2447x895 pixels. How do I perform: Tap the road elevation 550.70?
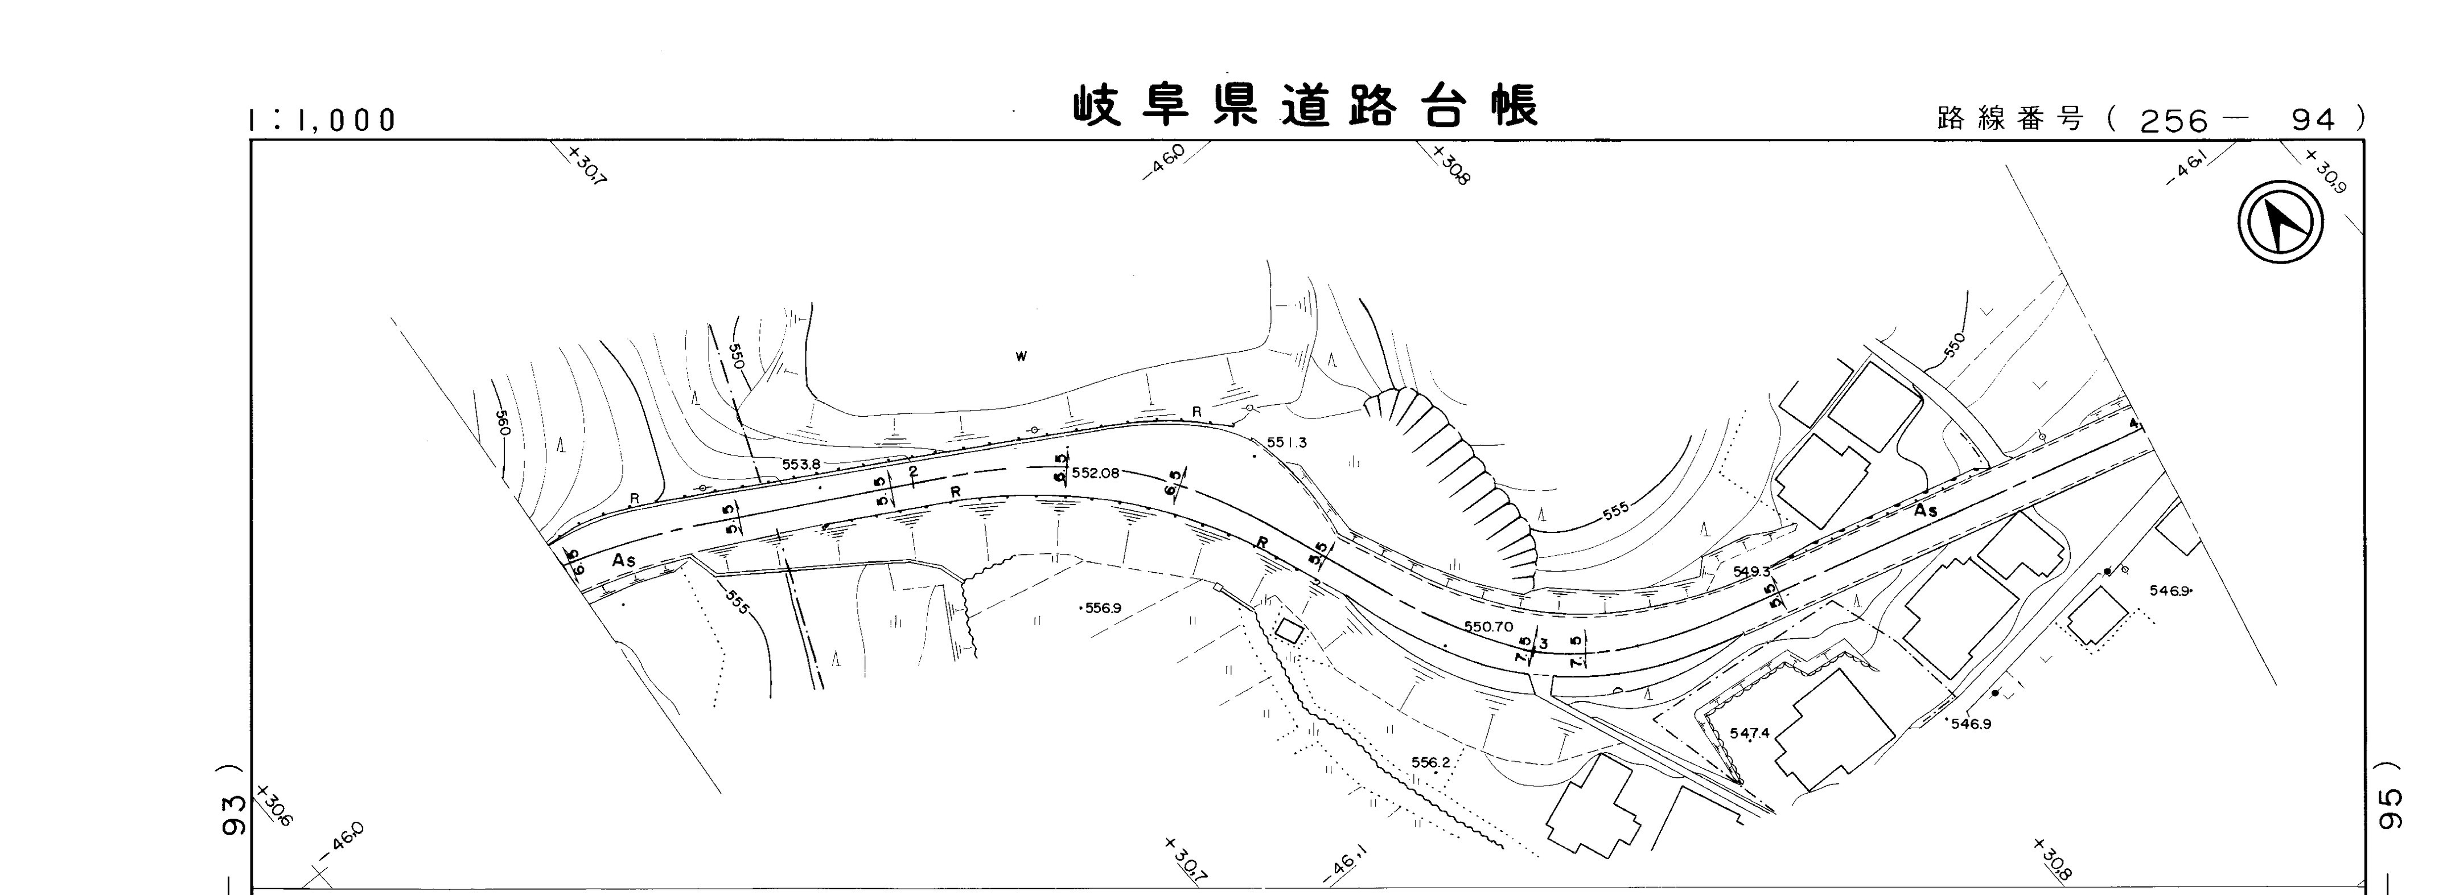(1488, 627)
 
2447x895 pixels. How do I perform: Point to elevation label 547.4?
(1749, 733)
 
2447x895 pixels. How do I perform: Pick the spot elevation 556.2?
(1430, 762)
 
